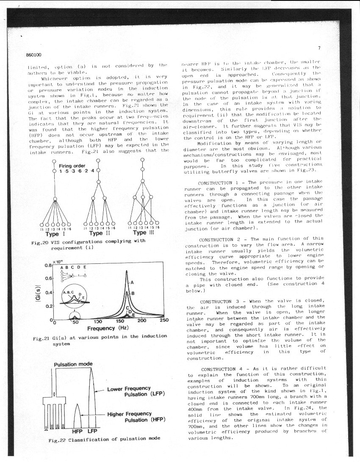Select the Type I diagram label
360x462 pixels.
(x=53, y=233)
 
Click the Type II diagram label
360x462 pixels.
(x=97, y=233)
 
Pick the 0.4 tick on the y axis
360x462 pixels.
(x=48, y=292)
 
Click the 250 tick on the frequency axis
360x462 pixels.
(x=164, y=321)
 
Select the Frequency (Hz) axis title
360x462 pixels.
(x=108, y=328)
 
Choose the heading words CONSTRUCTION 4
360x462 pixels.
(x=224, y=368)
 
